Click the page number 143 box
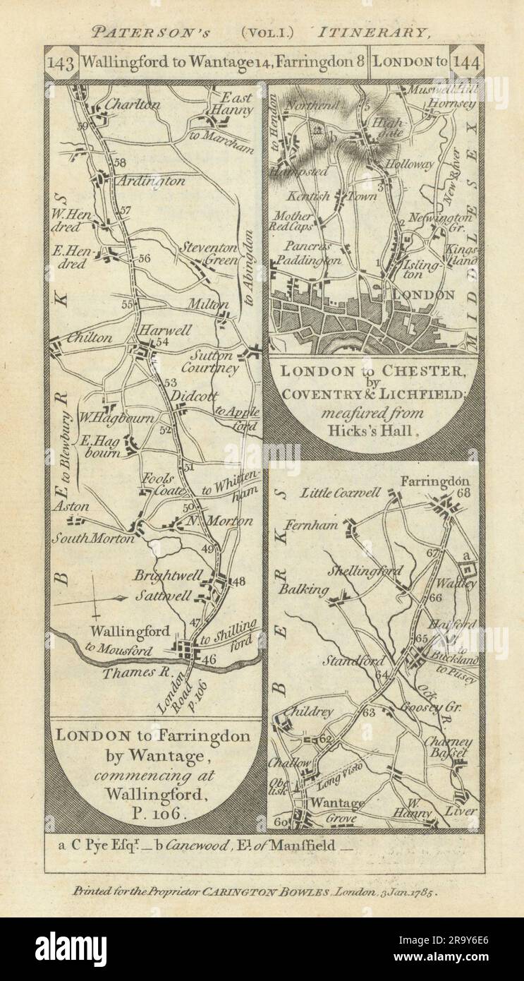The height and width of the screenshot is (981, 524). pyautogui.click(x=61, y=61)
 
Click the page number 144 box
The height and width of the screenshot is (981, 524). pyautogui.click(x=466, y=61)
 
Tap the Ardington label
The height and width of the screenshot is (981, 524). pyautogui.click(x=150, y=181)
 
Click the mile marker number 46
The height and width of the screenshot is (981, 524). pyautogui.click(x=209, y=660)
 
